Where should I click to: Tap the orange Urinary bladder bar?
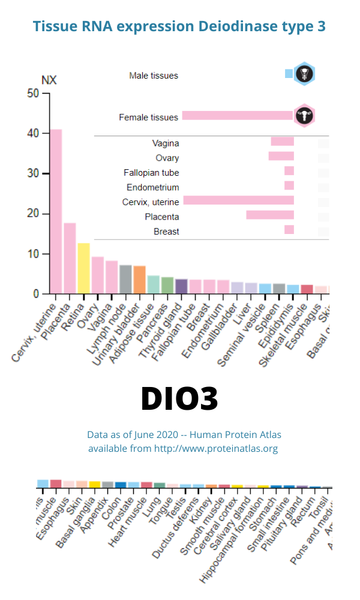pos(139,280)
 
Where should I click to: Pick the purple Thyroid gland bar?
pos(181,286)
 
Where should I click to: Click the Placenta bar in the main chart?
pos(70,258)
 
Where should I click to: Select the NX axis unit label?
pos(49,80)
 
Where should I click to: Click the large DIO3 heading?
pos(179,399)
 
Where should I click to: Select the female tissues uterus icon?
pos(304,116)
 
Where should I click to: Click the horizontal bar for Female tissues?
pos(238,116)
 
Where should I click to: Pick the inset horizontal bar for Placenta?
pos(270,215)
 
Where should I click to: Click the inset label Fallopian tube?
pos(151,173)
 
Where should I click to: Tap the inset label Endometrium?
pos(152,187)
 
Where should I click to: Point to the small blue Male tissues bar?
pos(289,74)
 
